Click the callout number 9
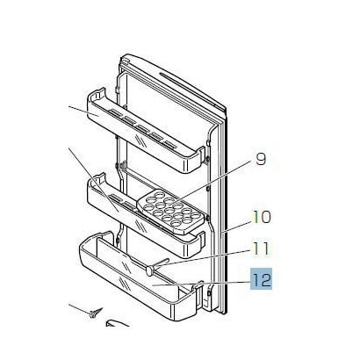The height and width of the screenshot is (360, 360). click(261, 160)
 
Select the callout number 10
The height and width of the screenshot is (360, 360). click(262, 217)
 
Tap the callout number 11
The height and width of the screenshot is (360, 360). click(261, 248)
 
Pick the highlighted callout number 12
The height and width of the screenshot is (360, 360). click(261, 279)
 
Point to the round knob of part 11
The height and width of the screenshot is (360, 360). click(149, 270)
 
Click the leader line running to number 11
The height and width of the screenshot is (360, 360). click(202, 258)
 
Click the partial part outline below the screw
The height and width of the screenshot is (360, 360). click(117, 323)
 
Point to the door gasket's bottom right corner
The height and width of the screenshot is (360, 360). click(225, 313)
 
